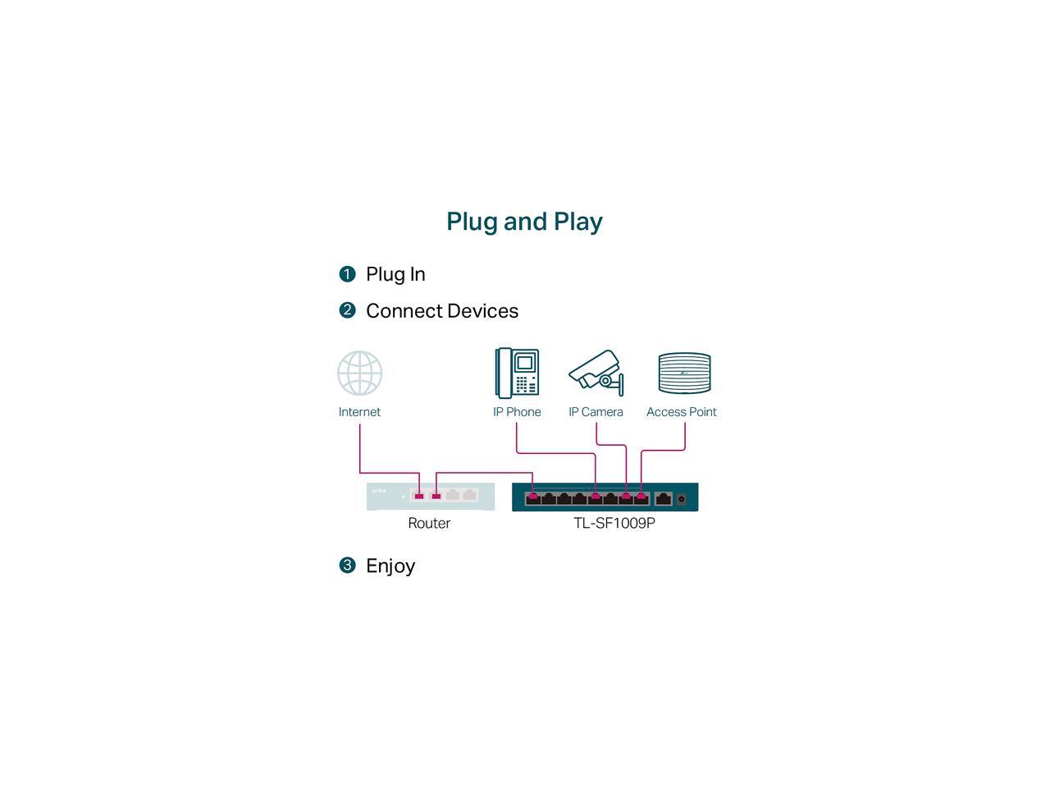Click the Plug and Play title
524,222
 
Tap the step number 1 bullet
347,274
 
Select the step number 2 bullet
347,310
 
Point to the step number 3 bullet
347,566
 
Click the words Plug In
395,274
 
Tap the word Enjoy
390,566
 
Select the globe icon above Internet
359,373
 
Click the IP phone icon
517,373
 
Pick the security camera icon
596,373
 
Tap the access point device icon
684,373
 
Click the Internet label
359,412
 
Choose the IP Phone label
517,412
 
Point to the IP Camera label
596,412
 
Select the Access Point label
681,412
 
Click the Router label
429,523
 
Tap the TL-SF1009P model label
614,523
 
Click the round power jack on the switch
681,498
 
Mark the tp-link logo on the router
379,491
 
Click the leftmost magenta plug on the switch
533,496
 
